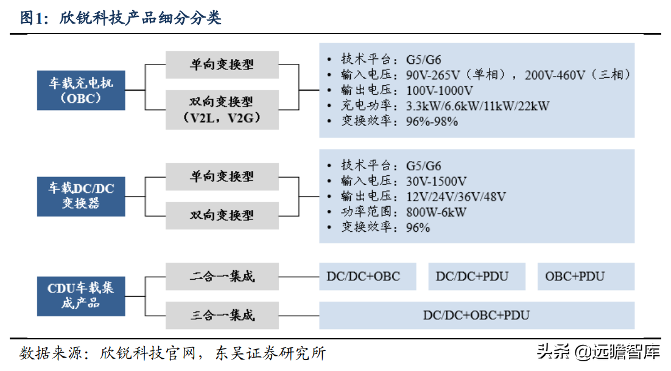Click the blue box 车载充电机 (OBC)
81,89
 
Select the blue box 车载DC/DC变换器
81,195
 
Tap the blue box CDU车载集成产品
81,295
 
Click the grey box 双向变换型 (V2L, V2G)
222,109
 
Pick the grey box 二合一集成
222,276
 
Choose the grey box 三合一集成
222,314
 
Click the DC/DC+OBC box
368,276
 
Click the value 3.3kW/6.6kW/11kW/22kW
478,106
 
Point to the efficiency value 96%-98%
432,121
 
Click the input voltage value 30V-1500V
437,181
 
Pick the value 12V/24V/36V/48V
456,196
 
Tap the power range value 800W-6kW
437,212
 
